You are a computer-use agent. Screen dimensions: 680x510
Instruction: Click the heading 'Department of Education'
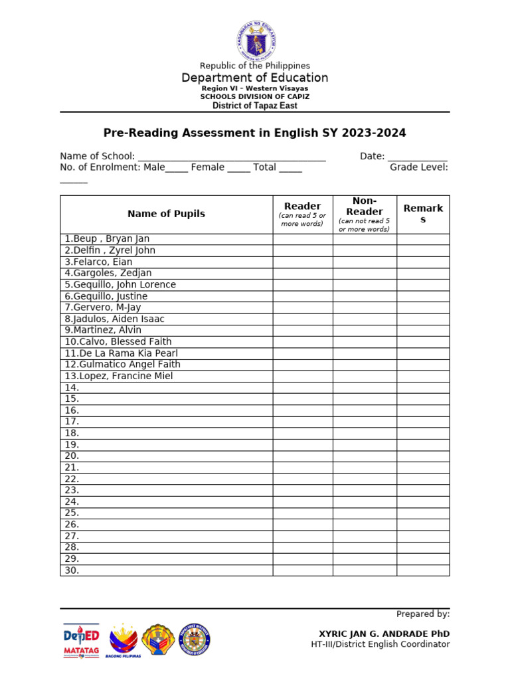[x=255, y=78]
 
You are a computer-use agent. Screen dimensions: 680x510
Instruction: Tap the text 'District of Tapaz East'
[x=255, y=106]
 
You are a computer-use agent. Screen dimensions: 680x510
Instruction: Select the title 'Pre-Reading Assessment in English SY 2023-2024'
[x=255, y=133]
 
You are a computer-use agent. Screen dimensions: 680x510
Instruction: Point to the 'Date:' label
[x=372, y=156]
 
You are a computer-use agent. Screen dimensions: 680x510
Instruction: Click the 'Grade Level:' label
[x=418, y=167]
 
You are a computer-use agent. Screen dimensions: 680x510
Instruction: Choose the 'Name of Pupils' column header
[x=166, y=214]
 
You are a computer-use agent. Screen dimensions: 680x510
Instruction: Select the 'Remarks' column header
[x=423, y=214]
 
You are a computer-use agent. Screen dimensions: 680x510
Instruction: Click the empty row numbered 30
[x=166, y=570]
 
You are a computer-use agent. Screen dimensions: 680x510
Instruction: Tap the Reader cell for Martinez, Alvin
[x=302, y=330]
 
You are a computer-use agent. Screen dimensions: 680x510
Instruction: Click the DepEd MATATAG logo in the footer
[x=81, y=641]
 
